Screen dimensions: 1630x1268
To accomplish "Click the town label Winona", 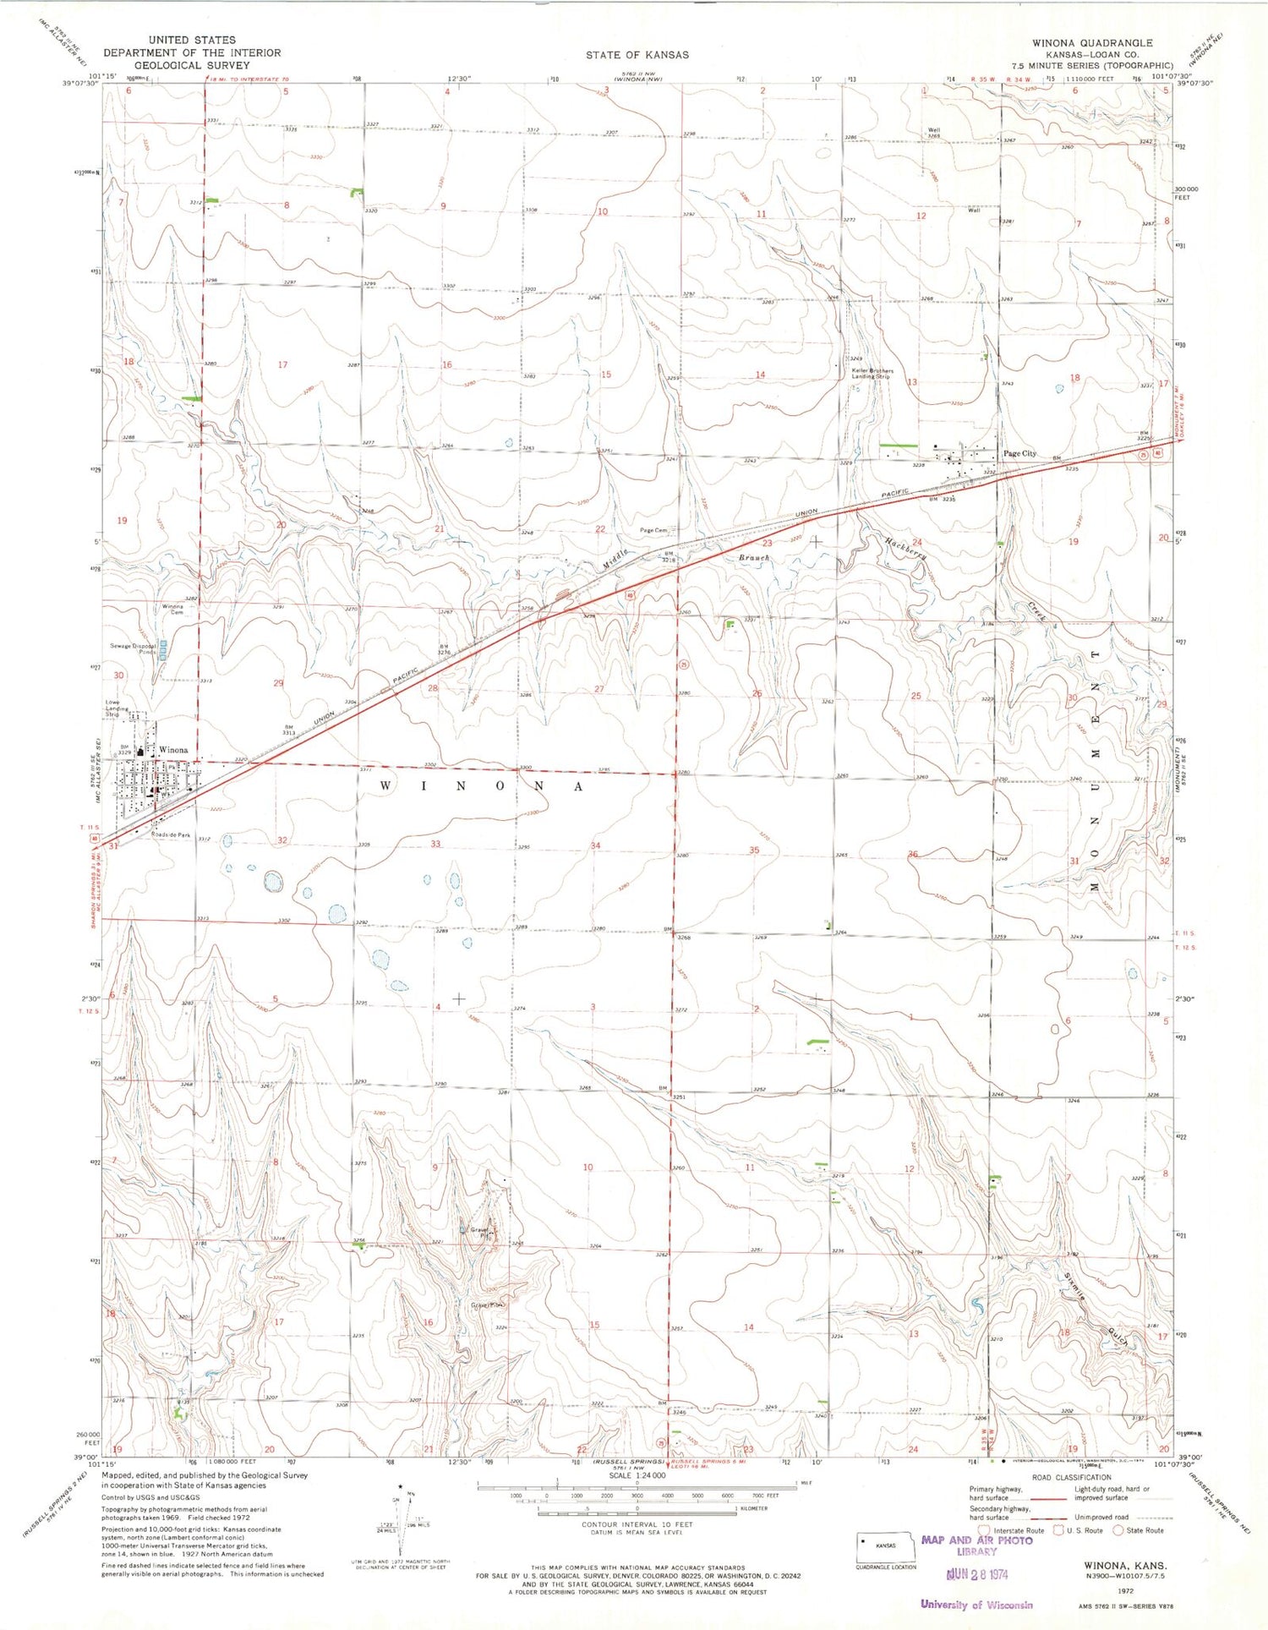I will point(173,750).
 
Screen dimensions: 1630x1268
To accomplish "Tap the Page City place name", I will point(1019,454).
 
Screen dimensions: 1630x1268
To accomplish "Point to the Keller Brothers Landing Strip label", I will point(872,374).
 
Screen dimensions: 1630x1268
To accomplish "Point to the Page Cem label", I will point(653,531).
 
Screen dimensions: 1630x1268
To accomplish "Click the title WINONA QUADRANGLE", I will point(1091,43).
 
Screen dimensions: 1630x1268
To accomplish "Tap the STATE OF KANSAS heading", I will point(637,55).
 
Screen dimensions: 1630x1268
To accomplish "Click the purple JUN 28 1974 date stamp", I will point(976,1574).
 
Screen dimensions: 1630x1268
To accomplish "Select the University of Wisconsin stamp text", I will point(976,1605).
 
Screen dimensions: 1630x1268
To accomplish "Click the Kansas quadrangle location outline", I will point(885,1545).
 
